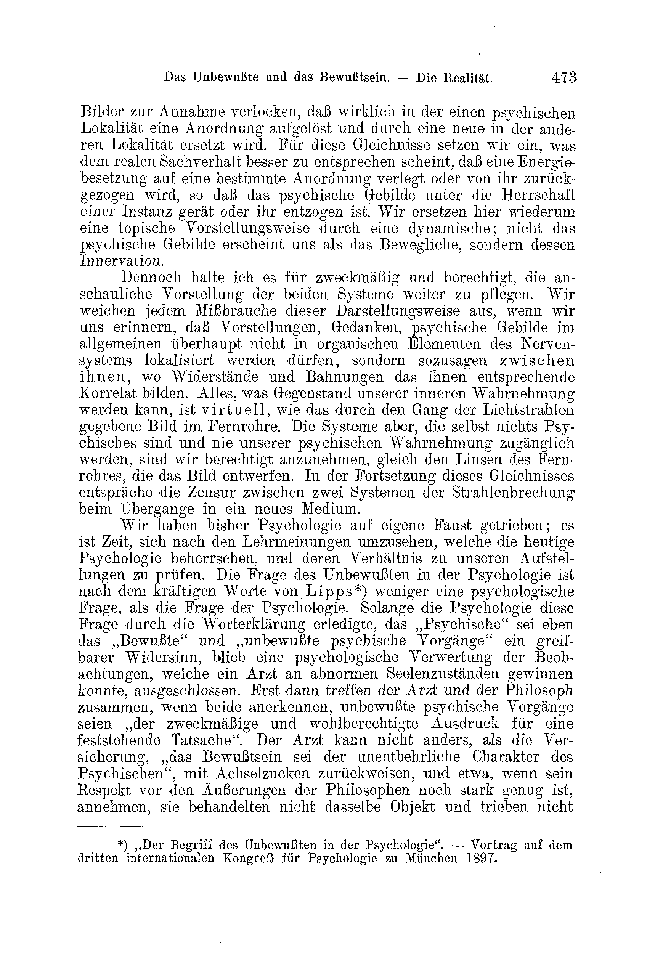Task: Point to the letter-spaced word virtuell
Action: tap(234, 410)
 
